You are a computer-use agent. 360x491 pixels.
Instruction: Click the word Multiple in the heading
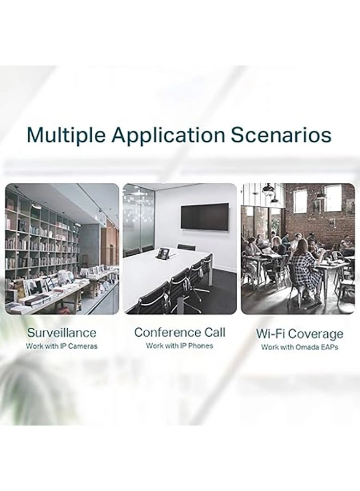click(x=66, y=136)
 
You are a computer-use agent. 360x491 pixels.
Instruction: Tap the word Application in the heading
click(x=168, y=136)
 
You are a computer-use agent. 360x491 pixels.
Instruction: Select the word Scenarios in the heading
click(x=281, y=135)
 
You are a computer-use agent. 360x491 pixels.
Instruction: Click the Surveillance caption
click(x=62, y=333)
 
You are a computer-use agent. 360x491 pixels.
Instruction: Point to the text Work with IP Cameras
click(x=62, y=346)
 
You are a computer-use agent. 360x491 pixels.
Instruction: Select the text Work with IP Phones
click(x=179, y=346)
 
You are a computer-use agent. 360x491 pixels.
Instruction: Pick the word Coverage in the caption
click(x=316, y=334)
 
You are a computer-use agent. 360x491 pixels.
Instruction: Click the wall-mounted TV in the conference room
click(x=205, y=217)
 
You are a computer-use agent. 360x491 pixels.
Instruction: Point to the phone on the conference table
click(x=164, y=253)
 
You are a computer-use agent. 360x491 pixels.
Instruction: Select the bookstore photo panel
click(x=62, y=249)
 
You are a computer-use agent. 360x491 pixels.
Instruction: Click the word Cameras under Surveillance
click(x=83, y=346)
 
